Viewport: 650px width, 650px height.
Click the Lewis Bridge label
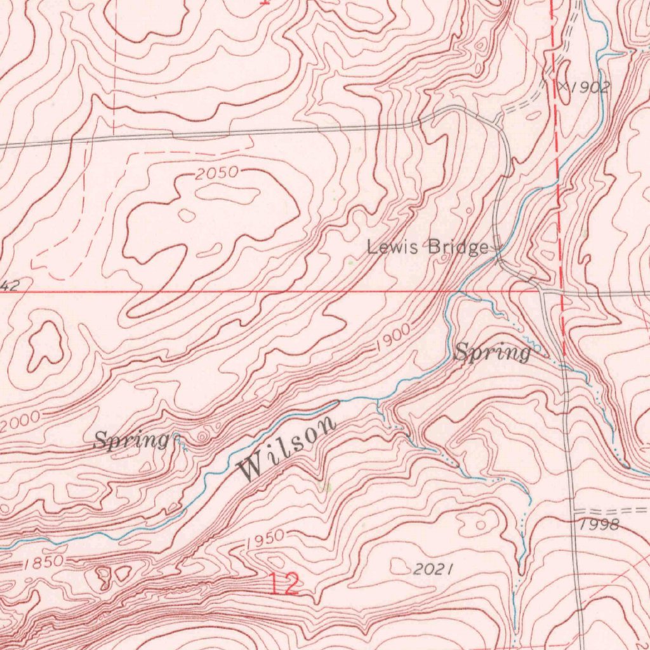[x=428, y=247]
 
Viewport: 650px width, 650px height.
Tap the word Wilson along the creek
[x=287, y=449]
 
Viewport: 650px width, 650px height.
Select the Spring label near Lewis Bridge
[x=493, y=352]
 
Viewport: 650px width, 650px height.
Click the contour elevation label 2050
[x=216, y=173]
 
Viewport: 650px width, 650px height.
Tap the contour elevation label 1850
[x=43, y=562]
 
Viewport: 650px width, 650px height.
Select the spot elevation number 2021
[x=434, y=569]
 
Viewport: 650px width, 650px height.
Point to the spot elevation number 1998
[x=599, y=524]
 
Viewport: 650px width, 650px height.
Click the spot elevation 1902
[x=588, y=88]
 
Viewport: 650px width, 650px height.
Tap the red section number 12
[x=283, y=583]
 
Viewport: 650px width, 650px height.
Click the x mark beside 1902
[x=562, y=84]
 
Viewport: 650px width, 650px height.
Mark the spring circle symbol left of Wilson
[x=202, y=437]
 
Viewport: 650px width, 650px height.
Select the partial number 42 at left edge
[x=9, y=287]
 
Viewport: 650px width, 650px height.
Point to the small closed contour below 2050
[x=187, y=215]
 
